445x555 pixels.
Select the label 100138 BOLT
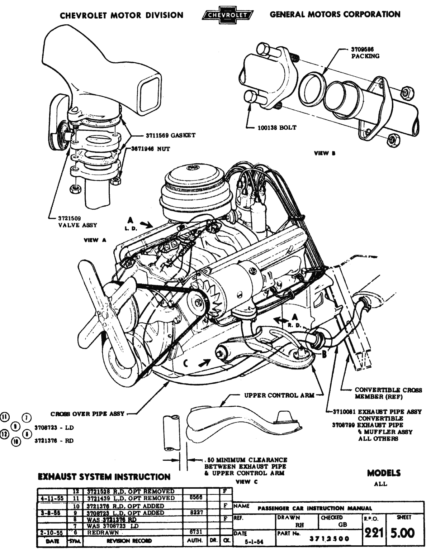tap(277, 127)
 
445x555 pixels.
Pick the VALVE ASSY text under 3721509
tap(78, 225)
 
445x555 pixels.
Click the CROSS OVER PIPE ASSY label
tap(87, 414)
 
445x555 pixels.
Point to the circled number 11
tap(5, 416)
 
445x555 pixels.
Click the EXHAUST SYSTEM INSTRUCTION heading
tap(104, 477)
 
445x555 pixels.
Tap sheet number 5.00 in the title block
tap(403, 534)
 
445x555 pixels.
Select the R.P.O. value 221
tap(372, 534)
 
